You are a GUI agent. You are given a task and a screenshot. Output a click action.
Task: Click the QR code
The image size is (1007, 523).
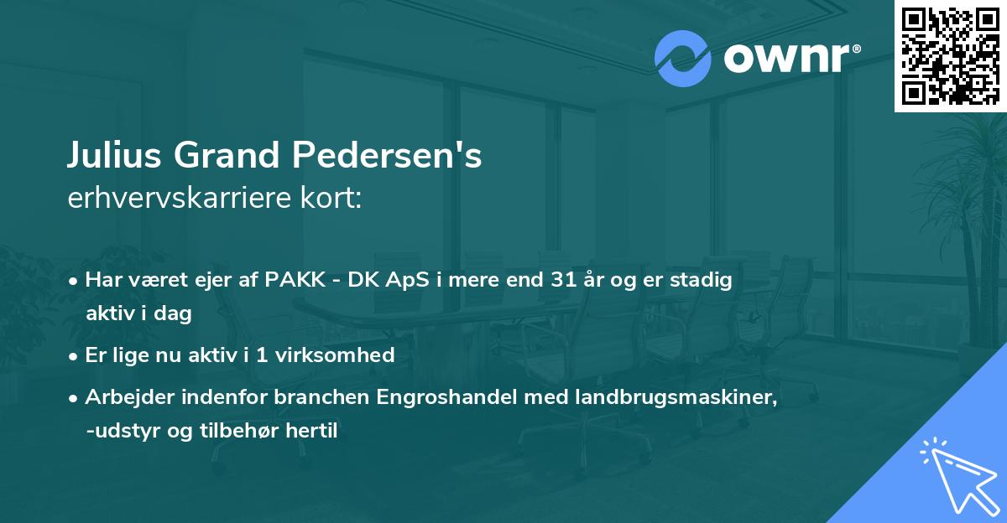pyautogui.click(x=950, y=55)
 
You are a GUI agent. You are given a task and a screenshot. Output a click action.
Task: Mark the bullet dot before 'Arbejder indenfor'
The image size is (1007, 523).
pyautogui.click(x=75, y=398)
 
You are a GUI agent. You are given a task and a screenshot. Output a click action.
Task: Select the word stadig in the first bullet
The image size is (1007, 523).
pyautogui.click(x=706, y=281)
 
